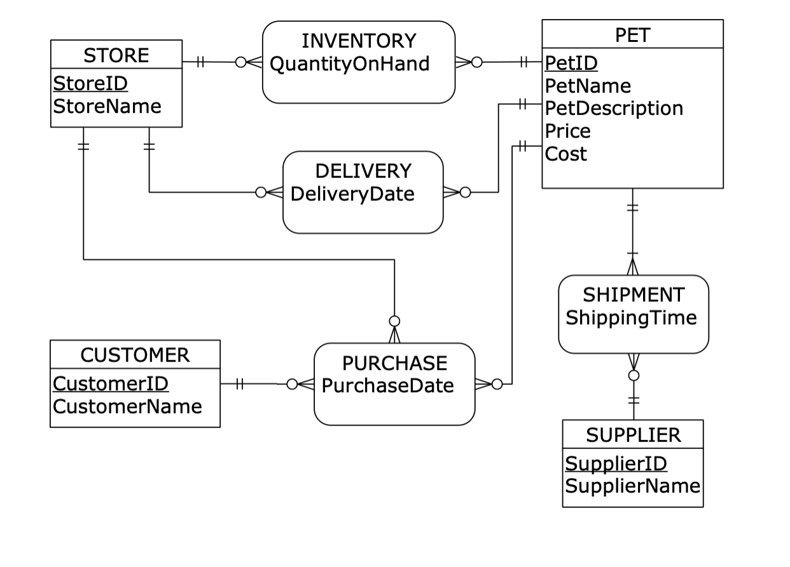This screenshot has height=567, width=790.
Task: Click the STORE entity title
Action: point(116,55)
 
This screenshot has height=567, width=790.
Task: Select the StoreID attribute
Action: point(90,83)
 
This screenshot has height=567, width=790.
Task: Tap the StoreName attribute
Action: point(107,106)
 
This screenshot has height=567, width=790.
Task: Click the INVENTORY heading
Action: point(358,41)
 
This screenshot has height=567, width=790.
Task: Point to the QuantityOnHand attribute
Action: point(349,64)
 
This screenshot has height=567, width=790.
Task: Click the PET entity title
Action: point(632,35)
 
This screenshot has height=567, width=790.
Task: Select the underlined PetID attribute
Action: point(571,63)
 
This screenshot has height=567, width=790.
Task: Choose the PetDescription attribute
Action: point(614,108)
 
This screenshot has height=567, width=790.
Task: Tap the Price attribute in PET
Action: point(568,131)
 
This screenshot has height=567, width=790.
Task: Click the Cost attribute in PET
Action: point(566,154)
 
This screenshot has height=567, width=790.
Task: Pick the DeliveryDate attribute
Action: point(352,193)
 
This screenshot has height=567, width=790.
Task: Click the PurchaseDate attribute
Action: point(387,385)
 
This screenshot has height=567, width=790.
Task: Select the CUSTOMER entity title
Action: point(135,355)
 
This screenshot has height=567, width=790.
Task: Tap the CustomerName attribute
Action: point(127,406)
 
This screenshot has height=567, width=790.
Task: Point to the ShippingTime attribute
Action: point(631,317)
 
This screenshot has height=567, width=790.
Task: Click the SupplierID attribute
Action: point(616,463)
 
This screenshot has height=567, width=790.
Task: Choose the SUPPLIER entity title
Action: point(633,435)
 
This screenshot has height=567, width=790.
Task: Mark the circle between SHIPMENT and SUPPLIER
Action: point(634,376)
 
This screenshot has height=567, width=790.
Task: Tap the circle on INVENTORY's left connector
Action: point(241,62)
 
